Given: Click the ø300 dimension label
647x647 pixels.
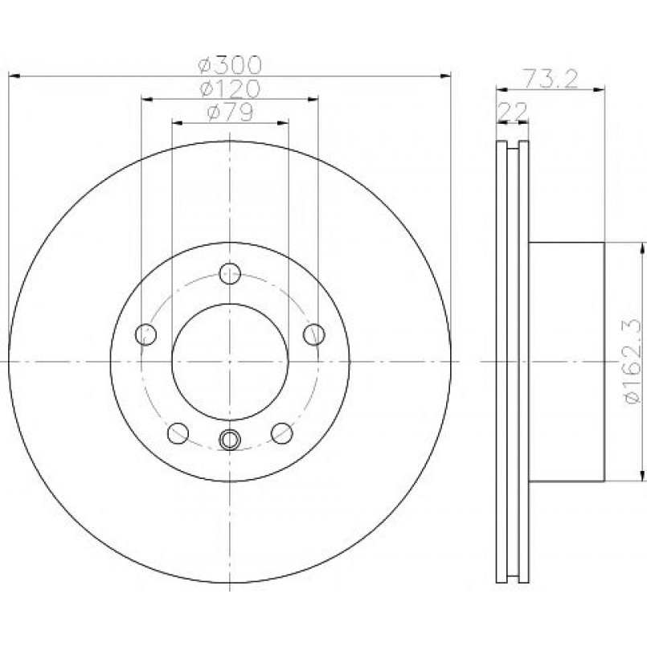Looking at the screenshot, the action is [x=230, y=65].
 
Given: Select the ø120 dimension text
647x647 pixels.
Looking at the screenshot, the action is [x=230, y=88].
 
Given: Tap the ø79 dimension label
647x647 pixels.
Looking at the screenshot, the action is [x=230, y=112].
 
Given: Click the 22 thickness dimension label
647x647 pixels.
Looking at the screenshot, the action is [x=513, y=111].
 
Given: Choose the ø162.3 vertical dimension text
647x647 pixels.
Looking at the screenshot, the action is [x=633, y=361].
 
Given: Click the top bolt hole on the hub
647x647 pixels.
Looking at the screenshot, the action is [x=230, y=273].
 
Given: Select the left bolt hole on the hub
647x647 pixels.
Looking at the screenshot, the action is [x=145, y=334].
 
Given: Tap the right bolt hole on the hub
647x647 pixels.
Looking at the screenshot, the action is [x=314, y=334].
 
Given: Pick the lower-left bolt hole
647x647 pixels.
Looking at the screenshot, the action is [x=178, y=433].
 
